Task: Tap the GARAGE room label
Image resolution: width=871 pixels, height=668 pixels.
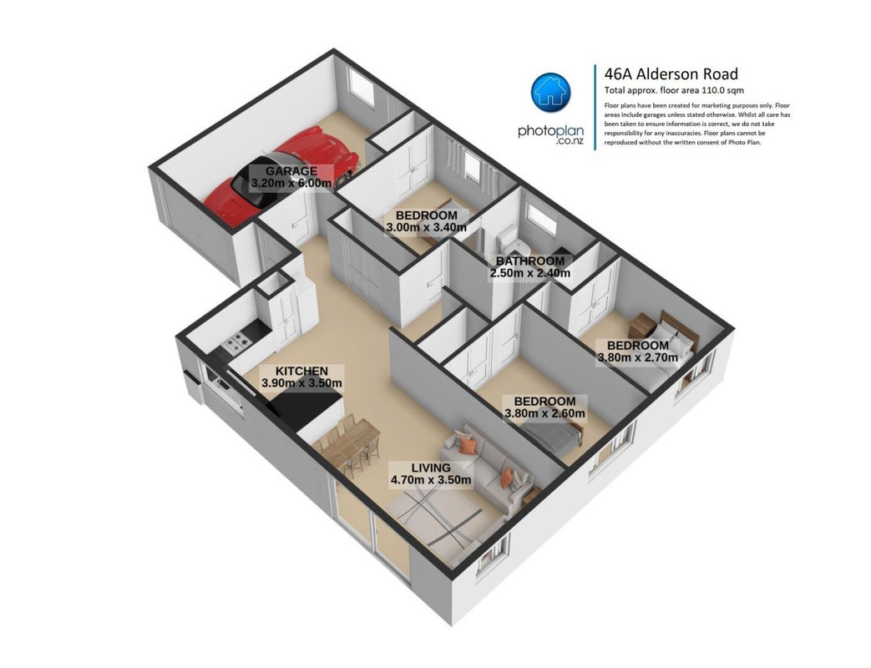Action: (x=291, y=171)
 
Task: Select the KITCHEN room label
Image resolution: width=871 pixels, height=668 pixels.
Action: (x=301, y=371)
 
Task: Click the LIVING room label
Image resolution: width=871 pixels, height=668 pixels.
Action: (x=431, y=468)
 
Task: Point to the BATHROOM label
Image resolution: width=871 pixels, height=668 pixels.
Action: (x=530, y=261)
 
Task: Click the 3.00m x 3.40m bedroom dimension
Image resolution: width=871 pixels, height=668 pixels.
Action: (x=426, y=227)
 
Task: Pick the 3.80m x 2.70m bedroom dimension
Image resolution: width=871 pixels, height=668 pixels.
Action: (x=638, y=357)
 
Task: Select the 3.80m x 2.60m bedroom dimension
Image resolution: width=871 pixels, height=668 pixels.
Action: (x=544, y=413)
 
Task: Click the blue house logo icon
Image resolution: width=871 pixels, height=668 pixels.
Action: (x=550, y=92)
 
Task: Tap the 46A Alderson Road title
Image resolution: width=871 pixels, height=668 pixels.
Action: (x=671, y=73)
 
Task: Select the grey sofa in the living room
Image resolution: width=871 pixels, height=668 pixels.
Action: (x=489, y=467)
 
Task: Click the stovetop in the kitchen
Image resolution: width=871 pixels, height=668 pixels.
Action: (x=235, y=342)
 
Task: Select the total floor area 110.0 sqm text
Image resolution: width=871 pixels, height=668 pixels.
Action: (x=674, y=90)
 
